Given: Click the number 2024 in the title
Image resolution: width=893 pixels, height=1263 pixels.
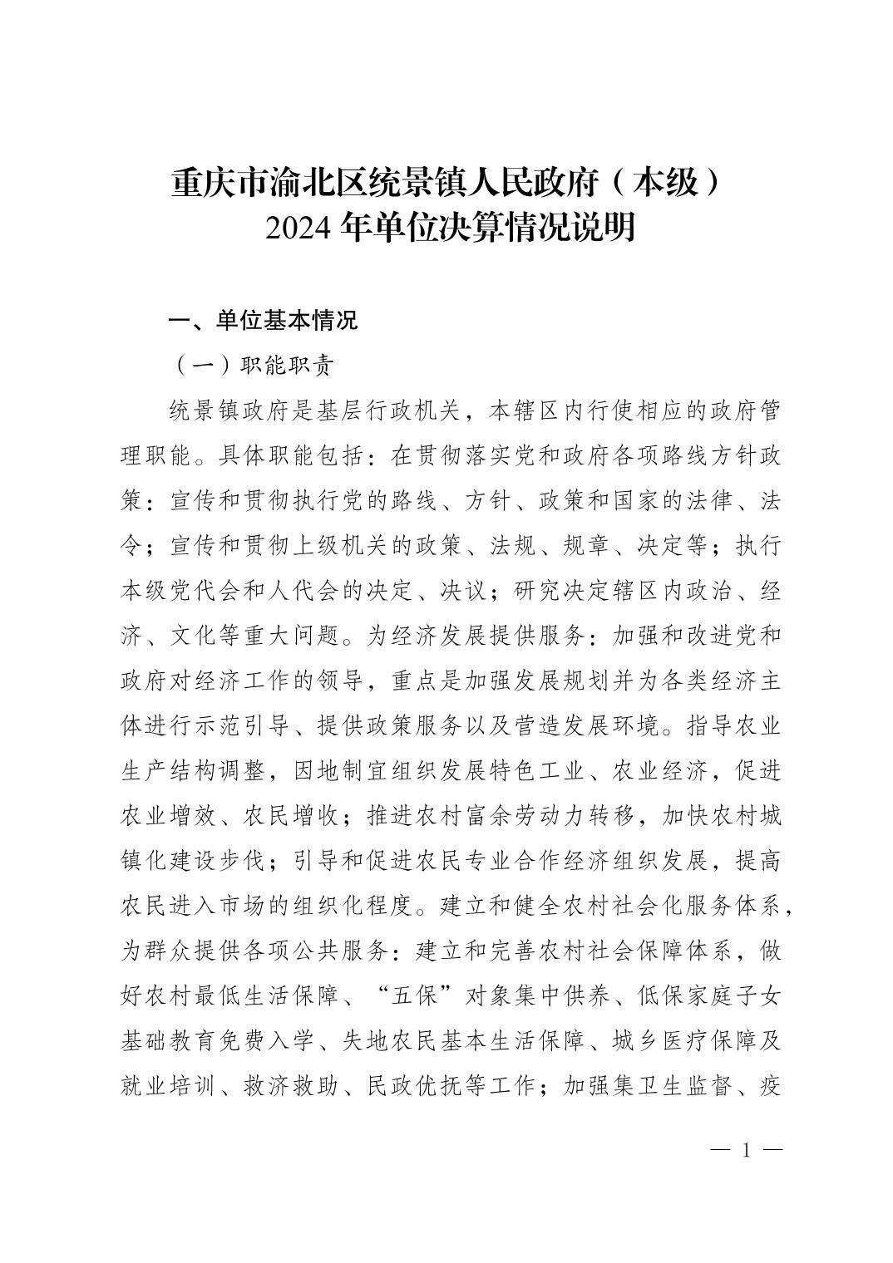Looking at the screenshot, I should (x=301, y=227).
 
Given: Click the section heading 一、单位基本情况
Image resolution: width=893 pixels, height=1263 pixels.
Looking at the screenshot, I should (x=263, y=320).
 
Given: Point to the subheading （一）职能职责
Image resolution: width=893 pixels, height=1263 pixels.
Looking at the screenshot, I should (x=254, y=365).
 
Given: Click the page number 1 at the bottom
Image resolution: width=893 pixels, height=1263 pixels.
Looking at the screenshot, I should (x=746, y=1151).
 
